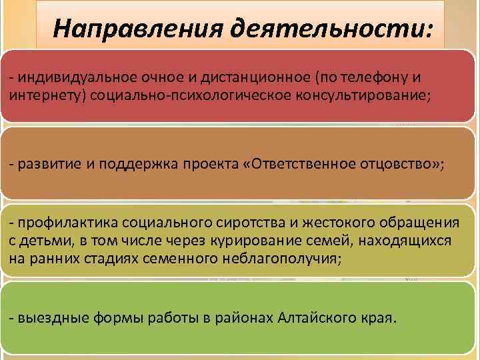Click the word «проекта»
coord(219,165)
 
